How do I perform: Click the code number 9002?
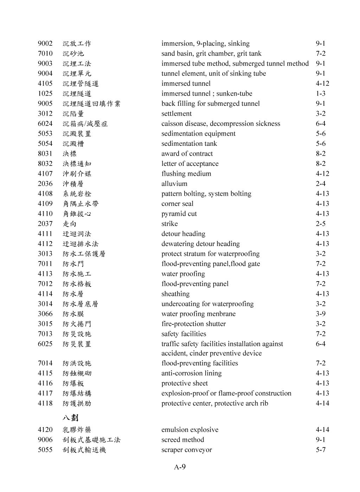[x=45, y=44]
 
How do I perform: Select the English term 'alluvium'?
[x=174, y=184]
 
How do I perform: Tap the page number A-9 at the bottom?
[x=180, y=467]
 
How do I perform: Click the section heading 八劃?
[x=71, y=417]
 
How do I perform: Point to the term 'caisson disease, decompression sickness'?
[x=221, y=124]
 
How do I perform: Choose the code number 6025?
[x=45, y=344]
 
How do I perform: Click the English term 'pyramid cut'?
[x=179, y=214]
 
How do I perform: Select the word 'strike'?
[x=169, y=224]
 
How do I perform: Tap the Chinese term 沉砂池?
[x=73, y=54]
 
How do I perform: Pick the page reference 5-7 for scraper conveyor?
[x=320, y=450]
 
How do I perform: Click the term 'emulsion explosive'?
[x=190, y=430]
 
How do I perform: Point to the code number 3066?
[x=45, y=314]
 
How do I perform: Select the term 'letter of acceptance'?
[x=190, y=164]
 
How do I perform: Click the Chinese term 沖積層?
[x=73, y=184]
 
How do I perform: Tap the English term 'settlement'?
[x=176, y=114]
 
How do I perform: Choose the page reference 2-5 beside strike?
[x=320, y=224]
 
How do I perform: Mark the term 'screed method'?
[x=182, y=440]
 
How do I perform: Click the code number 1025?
[x=45, y=93]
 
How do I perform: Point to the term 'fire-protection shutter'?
[x=193, y=324]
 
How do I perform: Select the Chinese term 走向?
[x=70, y=224]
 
